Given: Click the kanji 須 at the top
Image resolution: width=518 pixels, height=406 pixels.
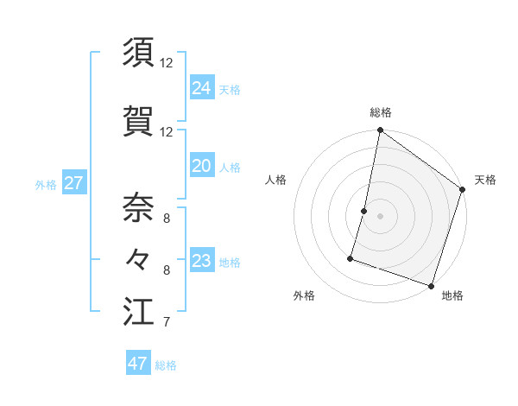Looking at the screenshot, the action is [x=138, y=53].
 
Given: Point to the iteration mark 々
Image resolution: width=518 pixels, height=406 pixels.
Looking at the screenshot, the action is [x=138, y=259].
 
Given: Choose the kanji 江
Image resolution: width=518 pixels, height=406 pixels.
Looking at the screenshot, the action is [x=138, y=312].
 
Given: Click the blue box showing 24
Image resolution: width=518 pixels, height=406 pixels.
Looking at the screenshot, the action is [x=202, y=87].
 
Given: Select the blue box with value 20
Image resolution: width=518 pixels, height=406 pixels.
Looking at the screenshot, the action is [x=202, y=166].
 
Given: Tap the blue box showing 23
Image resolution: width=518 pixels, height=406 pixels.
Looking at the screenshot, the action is [x=202, y=260].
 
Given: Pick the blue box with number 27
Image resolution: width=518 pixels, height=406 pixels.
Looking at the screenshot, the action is [x=73, y=183].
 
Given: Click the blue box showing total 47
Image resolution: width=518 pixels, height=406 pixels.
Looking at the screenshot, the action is [x=138, y=364].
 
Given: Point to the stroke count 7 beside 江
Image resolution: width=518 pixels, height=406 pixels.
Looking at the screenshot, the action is [x=166, y=323].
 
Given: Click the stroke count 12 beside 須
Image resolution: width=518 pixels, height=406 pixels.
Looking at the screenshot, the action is [x=167, y=63].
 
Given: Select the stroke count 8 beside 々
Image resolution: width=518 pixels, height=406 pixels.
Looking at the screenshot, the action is [x=167, y=270].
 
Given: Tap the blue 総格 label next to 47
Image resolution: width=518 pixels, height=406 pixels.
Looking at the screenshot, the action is [x=166, y=365].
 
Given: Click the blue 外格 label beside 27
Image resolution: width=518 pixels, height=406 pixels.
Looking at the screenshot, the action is [x=46, y=185].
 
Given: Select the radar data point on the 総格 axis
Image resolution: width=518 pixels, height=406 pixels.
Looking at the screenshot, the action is [x=380, y=131].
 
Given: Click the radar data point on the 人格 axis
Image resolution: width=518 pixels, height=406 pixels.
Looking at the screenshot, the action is [x=364, y=211].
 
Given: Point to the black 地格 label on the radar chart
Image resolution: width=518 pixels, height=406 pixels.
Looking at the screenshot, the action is [x=452, y=295].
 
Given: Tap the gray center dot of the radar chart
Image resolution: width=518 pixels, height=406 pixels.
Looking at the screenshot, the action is [x=380, y=216].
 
